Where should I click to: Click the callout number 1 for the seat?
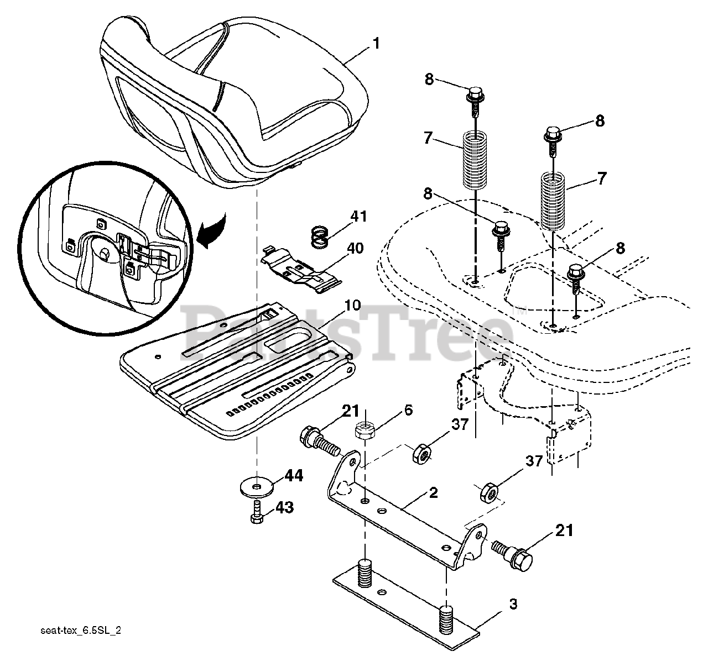[x=376, y=43]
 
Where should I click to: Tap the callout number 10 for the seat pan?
[x=352, y=306]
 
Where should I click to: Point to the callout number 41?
[x=358, y=216]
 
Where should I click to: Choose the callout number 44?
[x=294, y=475]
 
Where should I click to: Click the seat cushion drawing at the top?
[x=232, y=99]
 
